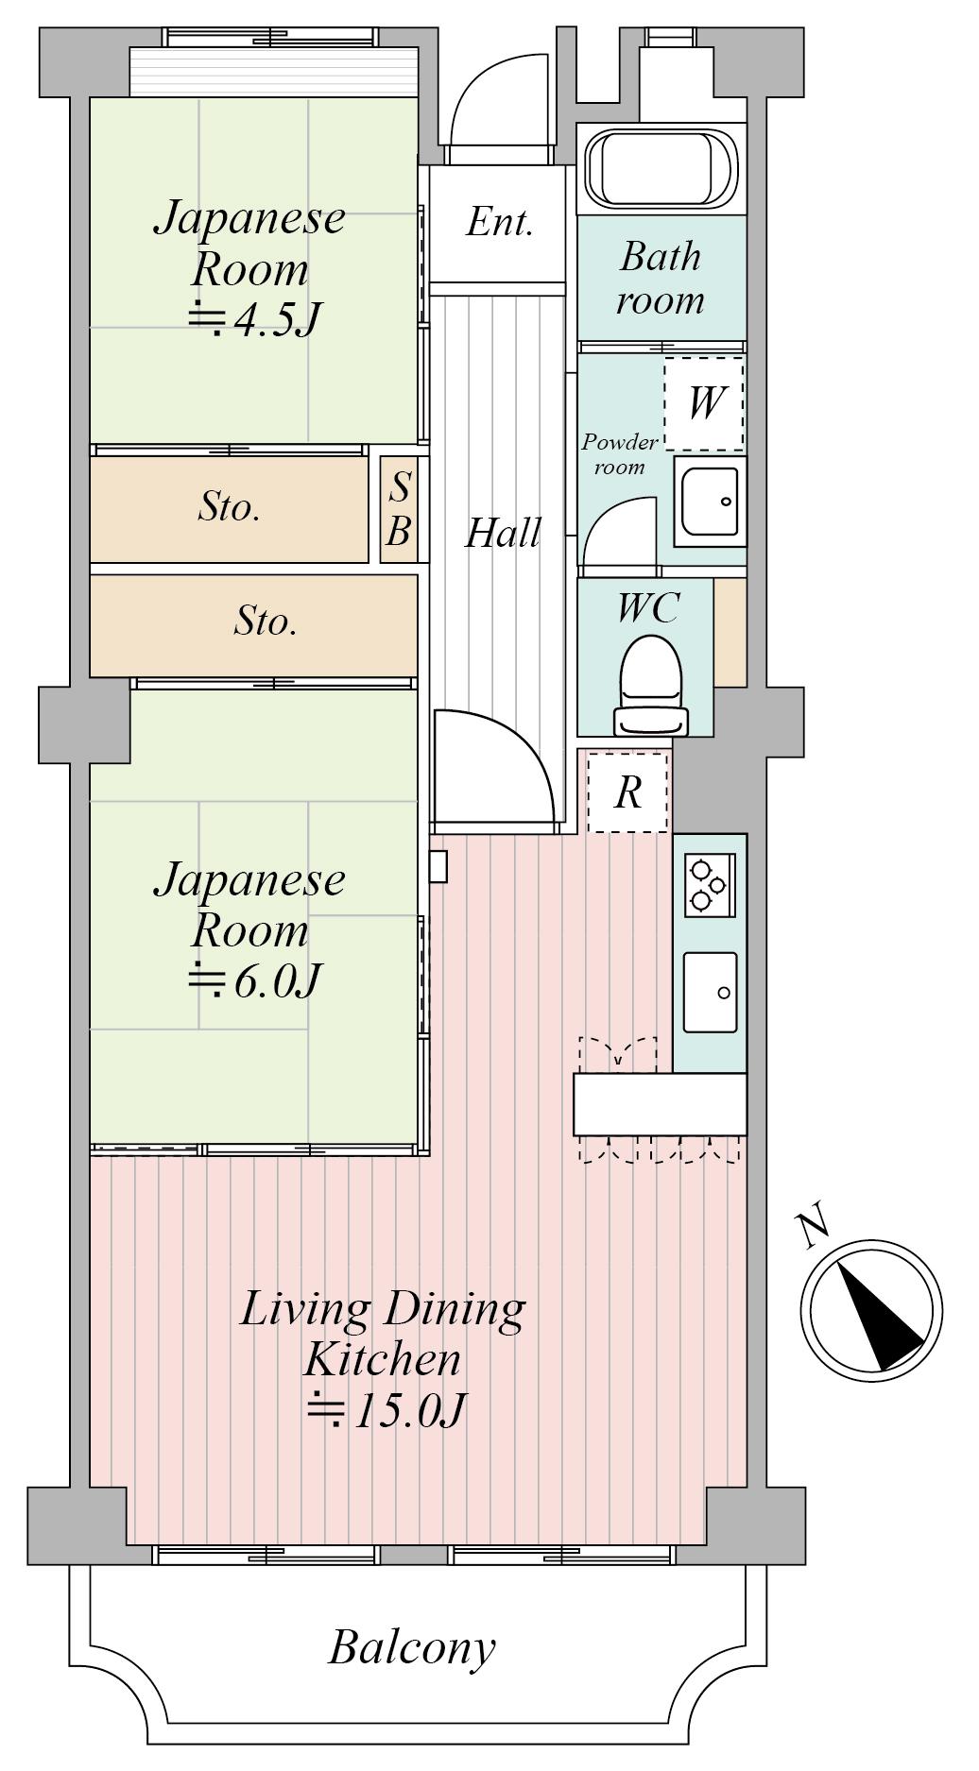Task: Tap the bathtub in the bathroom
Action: tap(661, 169)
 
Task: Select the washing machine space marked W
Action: tap(704, 404)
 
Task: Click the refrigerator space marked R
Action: tap(627, 792)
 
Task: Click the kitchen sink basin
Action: tap(710, 992)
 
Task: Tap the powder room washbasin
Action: tap(710, 502)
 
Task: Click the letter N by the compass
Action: tap(813, 1229)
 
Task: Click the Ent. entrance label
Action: tap(500, 223)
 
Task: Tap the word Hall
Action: tap(504, 534)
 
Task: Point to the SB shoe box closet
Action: tap(399, 509)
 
